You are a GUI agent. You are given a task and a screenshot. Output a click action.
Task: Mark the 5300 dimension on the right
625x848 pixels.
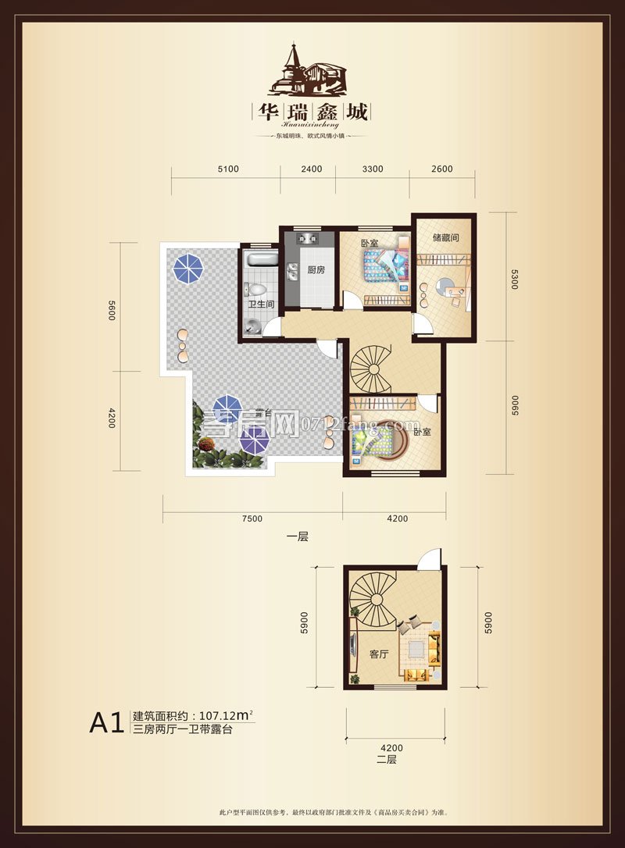[514, 277]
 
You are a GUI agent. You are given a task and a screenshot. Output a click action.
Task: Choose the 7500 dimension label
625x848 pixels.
[252, 518]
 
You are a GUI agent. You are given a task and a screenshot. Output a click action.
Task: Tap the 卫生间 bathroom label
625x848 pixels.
[259, 305]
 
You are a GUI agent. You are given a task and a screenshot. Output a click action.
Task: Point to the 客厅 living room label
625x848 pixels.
[378, 654]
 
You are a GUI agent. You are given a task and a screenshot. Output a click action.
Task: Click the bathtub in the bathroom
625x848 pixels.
[259, 261]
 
